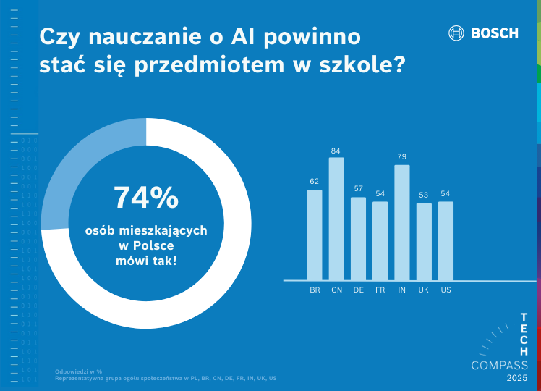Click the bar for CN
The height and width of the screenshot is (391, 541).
pyautogui.click(x=336, y=219)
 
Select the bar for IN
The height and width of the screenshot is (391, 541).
pyautogui.click(x=402, y=222)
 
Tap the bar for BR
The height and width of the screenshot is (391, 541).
pyautogui.click(x=315, y=235)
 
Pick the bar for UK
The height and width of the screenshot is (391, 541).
pyautogui.click(x=424, y=241)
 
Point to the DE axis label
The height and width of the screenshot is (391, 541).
pyautogui.click(x=358, y=290)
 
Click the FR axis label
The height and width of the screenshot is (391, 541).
pyautogui.click(x=380, y=290)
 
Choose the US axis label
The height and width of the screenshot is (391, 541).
pyautogui.click(x=446, y=290)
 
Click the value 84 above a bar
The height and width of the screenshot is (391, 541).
pyautogui.click(x=336, y=151)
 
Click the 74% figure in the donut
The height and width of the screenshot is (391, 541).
pyautogui.click(x=146, y=198)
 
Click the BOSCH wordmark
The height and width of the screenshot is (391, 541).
pyautogui.click(x=495, y=33)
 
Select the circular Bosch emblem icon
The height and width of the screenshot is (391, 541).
pyautogui.click(x=456, y=33)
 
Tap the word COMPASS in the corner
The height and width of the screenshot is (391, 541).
pyautogui.click(x=500, y=365)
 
